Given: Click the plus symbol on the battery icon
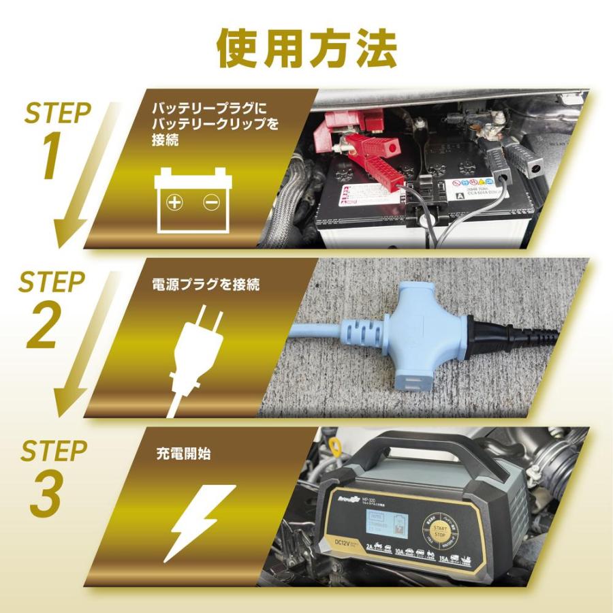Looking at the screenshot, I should [x=176, y=202].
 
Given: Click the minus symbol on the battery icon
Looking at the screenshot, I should [x=210, y=202].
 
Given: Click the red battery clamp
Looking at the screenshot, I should [x=372, y=160].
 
